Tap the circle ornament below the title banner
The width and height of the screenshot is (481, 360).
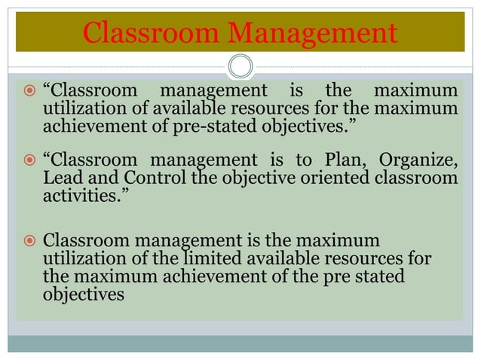pos(240,66)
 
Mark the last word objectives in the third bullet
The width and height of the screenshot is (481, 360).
pos(84,295)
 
